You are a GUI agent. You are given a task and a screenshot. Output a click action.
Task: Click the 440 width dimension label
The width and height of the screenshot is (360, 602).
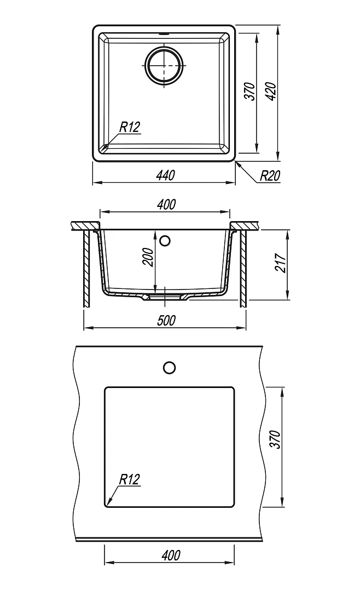165,175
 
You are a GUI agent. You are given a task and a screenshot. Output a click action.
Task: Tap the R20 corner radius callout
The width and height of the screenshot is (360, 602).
270,176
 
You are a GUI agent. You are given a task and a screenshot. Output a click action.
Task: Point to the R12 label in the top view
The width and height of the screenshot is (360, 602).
130,127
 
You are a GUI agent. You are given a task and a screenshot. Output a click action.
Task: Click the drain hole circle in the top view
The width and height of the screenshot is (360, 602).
164,66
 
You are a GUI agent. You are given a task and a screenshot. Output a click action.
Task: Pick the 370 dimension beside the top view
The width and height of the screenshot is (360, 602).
249,91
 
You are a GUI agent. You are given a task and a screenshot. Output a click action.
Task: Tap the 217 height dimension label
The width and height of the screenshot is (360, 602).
281,263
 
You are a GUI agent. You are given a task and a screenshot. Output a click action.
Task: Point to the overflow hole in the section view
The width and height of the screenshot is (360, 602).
165,241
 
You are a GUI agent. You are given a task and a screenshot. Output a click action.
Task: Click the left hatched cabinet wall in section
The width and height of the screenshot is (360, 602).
87,268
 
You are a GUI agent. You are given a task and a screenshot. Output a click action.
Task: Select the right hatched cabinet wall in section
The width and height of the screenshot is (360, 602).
243,268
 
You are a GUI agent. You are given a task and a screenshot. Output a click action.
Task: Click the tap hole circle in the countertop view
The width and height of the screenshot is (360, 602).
169,367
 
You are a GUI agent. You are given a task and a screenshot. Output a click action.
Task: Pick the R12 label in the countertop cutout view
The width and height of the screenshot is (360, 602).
130,479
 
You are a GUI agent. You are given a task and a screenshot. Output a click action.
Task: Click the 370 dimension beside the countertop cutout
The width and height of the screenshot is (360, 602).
276,439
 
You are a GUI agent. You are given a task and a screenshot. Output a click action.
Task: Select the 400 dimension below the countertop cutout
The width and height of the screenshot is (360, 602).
171,555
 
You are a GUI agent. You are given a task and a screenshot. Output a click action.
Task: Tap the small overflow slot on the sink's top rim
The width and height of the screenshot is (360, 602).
164,34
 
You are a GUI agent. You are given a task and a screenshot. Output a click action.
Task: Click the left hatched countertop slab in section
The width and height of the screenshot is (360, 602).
86,225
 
